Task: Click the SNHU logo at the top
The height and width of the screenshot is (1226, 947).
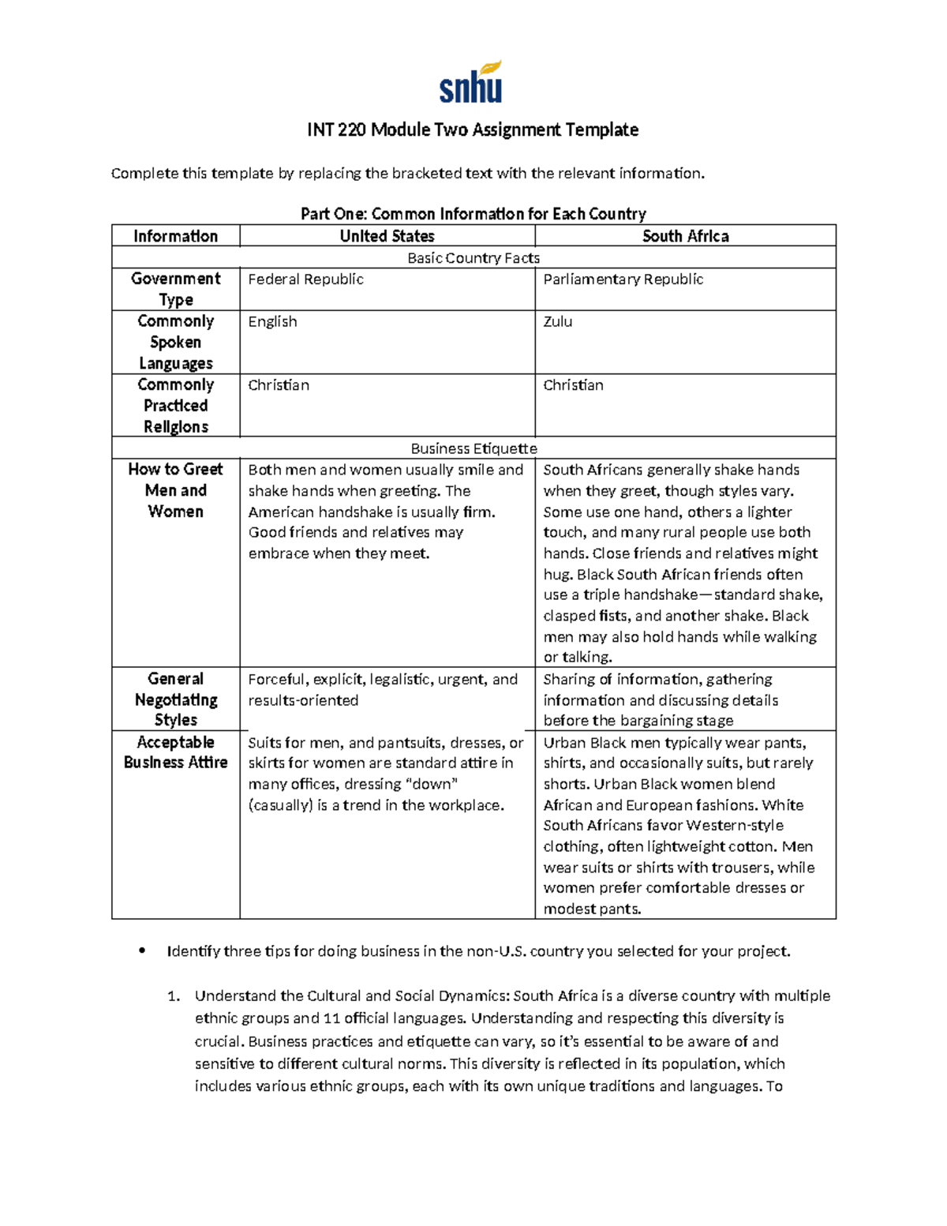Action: click(471, 83)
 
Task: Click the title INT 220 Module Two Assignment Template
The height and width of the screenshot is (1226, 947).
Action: click(473, 129)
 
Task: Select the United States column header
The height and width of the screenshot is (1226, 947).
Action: click(387, 236)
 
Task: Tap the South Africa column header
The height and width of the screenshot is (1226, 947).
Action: click(685, 236)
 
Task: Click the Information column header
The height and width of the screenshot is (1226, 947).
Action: click(175, 236)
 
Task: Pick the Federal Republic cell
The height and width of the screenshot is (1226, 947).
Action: click(305, 279)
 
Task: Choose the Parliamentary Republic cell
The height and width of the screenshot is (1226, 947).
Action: click(623, 279)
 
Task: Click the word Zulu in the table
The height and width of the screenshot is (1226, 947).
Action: click(557, 322)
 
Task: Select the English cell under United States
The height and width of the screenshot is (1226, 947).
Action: click(272, 322)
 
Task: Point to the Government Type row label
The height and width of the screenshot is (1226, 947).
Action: click(175, 289)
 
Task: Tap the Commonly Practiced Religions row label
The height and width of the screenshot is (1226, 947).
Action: click(175, 406)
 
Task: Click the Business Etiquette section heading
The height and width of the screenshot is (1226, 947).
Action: click(473, 448)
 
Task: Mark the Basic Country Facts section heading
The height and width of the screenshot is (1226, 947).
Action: click(473, 258)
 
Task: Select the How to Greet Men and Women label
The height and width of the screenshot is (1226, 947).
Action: click(175, 490)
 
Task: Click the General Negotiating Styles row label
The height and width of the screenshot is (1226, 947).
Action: click(175, 699)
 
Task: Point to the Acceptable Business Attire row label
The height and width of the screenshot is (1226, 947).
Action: click(175, 752)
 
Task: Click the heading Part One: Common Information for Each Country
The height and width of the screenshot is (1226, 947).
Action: click(473, 214)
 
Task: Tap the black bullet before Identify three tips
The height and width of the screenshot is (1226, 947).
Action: click(142, 951)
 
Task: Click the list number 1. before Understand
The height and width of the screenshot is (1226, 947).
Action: click(174, 996)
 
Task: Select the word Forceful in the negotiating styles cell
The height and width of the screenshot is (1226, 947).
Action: click(276, 680)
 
